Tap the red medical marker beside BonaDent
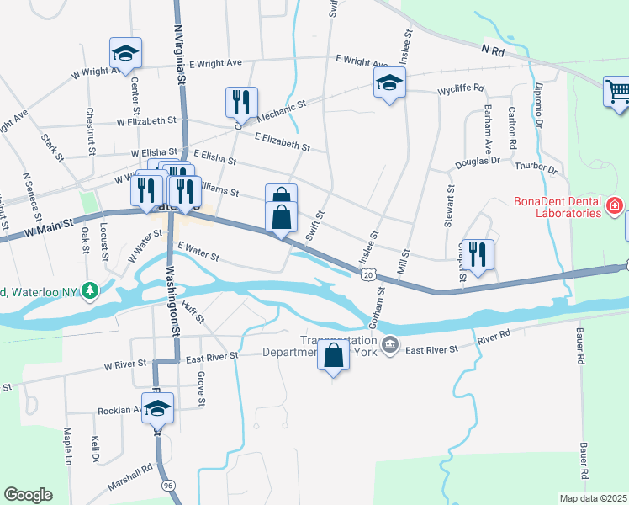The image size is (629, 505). pyautogui.click(x=615, y=205)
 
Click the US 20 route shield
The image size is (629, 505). pyautogui.click(x=368, y=274)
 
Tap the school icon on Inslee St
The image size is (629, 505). pyautogui.click(x=390, y=82)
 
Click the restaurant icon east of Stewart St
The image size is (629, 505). pyautogui.click(x=478, y=252)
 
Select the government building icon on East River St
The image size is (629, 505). pyautogui.click(x=390, y=344)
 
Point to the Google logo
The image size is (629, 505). pyautogui.click(x=28, y=495)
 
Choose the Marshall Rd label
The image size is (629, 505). pyautogui.click(x=129, y=477)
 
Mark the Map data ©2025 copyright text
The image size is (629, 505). pyautogui.click(x=593, y=498)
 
